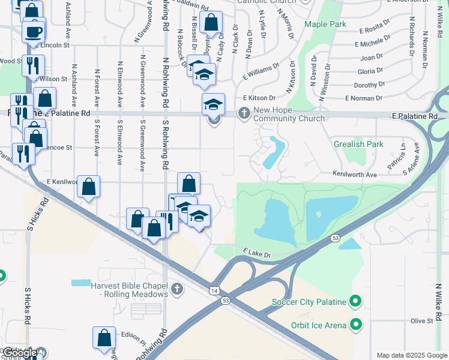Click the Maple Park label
click(x=325, y=25)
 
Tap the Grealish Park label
click(x=358, y=145)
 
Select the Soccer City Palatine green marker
click(x=355, y=301)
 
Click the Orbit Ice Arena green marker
click(x=355, y=325)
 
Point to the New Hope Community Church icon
click(x=244, y=113)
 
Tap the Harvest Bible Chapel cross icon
click(x=176, y=290)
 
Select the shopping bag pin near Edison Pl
click(x=104, y=338)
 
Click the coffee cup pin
click(x=34, y=31)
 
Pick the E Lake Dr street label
click(x=258, y=254)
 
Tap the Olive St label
click(x=421, y=321)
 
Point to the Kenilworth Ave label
click(x=355, y=174)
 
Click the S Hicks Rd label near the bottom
click(x=28, y=306)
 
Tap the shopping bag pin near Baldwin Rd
click(x=211, y=23)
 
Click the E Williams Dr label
click(x=261, y=73)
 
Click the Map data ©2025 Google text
click(x=411, y=355)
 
